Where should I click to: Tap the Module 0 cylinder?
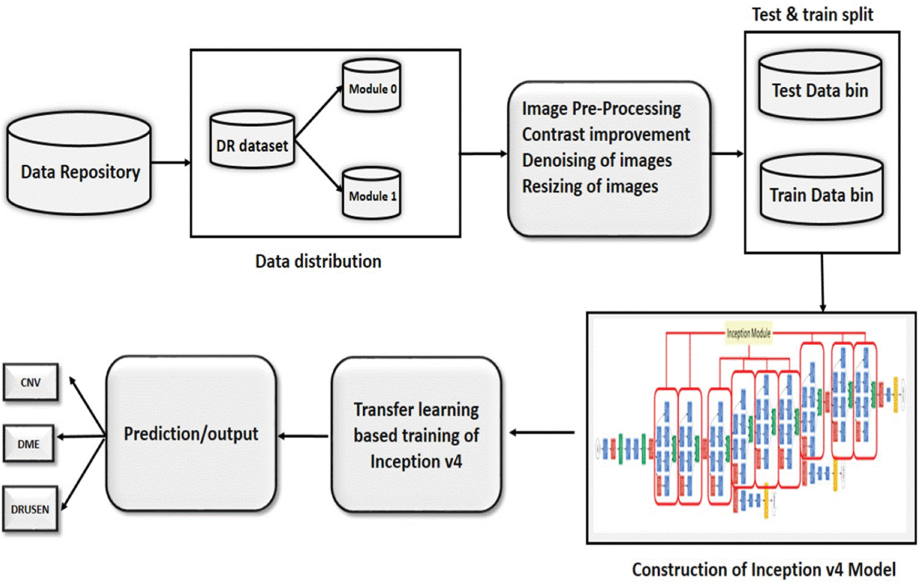(372, 86)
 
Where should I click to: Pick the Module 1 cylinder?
(372, 193)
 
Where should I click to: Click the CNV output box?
(30, 382)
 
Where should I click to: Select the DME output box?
(29, 444)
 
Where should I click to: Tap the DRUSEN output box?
(30, 509)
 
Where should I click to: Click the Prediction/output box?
(191, 433)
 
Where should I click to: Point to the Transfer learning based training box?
(416, 435)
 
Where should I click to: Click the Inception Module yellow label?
(748, 333)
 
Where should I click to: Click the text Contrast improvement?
(606, 135)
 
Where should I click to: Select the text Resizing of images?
(590, 186)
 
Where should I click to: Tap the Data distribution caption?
(318, 261)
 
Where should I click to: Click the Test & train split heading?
(812, 15)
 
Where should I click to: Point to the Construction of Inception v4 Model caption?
(763, 570)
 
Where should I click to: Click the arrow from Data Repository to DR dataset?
(171, 163)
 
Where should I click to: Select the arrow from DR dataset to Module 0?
(319, 113)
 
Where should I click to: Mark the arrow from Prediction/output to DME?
(81, 437)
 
